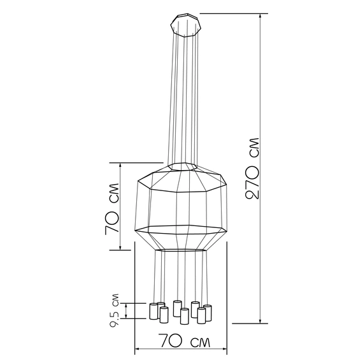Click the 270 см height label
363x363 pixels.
point(252,168)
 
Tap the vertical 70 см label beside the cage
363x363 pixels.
point(112,209)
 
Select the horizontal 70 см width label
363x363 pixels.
point(185,341)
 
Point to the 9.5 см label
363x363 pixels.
point(115,311)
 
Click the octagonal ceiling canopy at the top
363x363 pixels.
point(186,25)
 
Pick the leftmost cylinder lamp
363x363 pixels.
point(153,311)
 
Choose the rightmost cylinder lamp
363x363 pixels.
point(208,313)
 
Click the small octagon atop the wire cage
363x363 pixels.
point(182,167)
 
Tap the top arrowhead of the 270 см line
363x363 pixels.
point(260,16)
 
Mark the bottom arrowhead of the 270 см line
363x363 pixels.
point(260,320)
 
